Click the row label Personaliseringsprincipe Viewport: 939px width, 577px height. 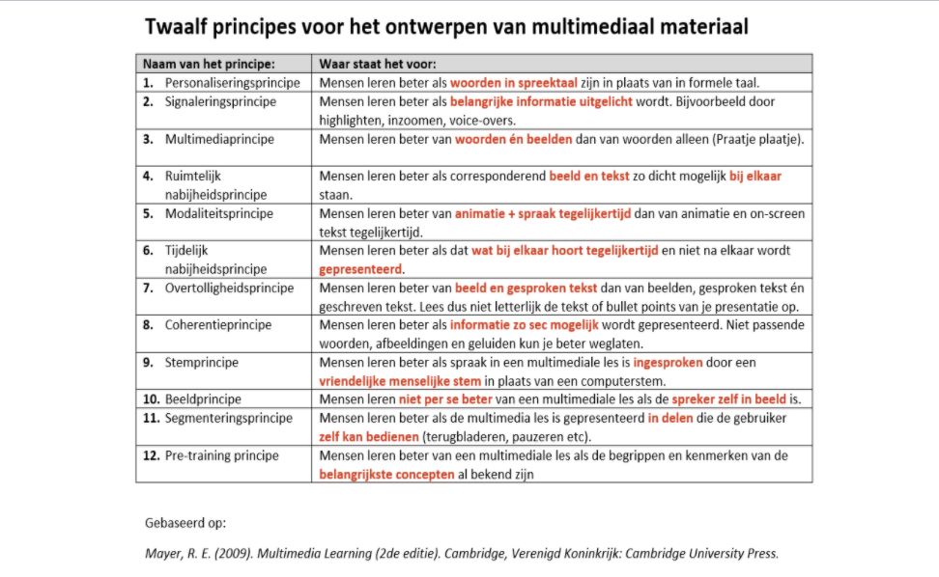[x=232, y=83]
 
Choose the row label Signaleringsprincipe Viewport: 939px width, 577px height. [x=220, y=101]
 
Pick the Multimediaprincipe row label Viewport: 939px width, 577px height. [x=219, y=139]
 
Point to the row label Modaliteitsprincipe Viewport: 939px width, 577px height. [x=218, y=213]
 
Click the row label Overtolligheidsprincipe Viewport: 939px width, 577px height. [x=229, y=288]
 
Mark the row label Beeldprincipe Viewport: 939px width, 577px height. [x=203, y=399]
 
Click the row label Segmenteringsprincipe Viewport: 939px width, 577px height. [x=228, y=418]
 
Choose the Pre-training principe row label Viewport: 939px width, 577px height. [x=221, y=455]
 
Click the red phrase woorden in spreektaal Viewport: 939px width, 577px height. [x=507, y=83]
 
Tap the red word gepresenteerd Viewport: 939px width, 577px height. [x=361, y=269]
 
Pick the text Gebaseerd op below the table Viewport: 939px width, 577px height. [x=185, y=523]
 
